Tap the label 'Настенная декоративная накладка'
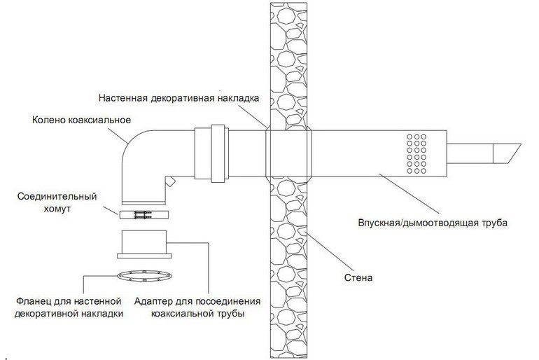(x=178, y=97)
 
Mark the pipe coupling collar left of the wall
(x=210, y=153)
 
